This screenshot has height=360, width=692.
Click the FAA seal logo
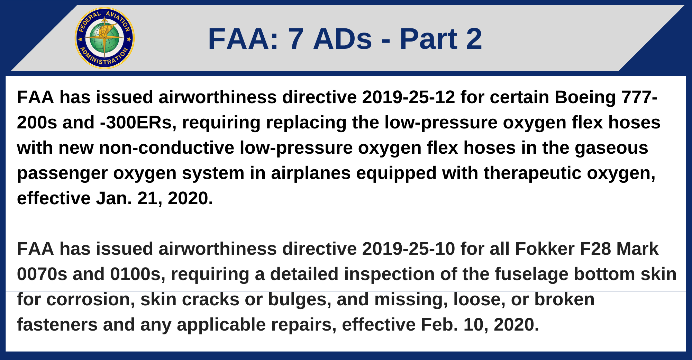[104, 38]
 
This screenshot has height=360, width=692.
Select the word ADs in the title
[343, 39]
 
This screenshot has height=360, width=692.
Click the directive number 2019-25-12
[408, 97]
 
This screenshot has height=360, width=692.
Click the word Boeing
[585, 97]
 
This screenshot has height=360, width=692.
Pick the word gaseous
[611, 148]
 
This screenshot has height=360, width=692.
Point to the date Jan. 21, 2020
[154, 198]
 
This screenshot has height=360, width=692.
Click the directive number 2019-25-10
[408, 249]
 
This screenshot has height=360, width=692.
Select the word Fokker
[545, 249]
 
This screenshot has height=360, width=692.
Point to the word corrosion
[91, 299]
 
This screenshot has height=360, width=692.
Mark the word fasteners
[57, 325]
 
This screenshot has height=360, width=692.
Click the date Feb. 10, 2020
[480, 325]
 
